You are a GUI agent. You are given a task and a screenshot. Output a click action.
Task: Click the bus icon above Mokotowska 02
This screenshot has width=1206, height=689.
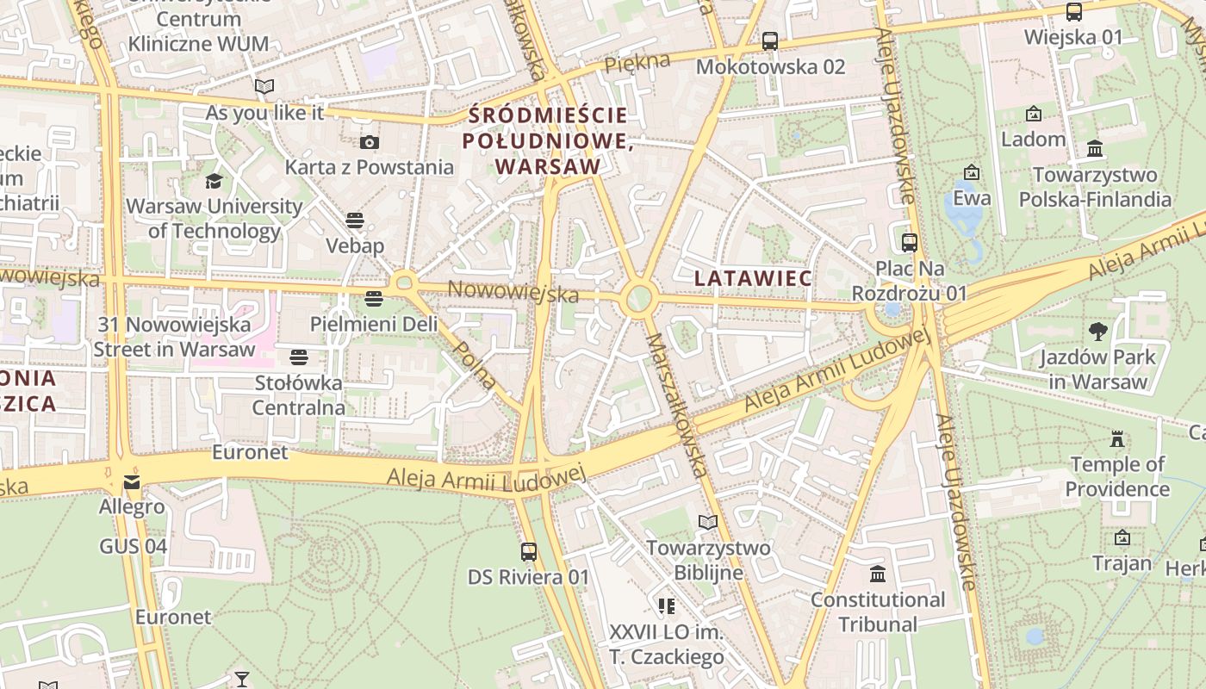coord(770,40)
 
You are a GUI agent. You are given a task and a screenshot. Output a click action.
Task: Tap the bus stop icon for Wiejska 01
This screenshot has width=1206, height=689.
coord(1073,12)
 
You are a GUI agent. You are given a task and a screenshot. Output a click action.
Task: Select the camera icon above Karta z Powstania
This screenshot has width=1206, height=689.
coord(369,142)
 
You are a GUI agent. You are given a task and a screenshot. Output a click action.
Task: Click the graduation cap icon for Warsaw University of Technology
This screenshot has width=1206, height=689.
coord(213,181)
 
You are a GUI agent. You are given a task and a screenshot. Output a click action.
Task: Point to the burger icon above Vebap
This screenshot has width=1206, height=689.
coord(355,220)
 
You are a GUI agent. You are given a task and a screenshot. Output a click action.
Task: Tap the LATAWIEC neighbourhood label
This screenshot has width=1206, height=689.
coord(753,278)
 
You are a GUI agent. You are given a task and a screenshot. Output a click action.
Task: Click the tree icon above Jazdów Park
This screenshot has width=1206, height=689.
coord(1097,332)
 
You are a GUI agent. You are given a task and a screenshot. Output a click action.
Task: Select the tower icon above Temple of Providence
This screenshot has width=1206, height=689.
coord(1117,439)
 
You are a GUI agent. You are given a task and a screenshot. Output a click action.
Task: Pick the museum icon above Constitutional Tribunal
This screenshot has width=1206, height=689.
coord(878,574)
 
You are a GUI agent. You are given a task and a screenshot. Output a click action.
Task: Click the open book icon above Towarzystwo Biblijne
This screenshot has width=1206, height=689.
coord(708,522)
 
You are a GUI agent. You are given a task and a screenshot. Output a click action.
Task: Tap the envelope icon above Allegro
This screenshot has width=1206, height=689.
coord(131,481)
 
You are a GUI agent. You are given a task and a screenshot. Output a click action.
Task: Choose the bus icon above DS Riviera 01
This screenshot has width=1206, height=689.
coord(529,551)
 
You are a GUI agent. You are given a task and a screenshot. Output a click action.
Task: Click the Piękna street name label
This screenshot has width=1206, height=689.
coord(637,63)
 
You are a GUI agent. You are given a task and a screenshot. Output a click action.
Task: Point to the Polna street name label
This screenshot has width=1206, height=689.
coord(475,365)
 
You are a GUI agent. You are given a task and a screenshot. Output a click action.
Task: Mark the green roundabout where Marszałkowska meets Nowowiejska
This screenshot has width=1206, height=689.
coord(637,299)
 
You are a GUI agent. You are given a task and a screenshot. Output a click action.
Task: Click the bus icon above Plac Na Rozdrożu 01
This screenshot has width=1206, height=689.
coord(909,243)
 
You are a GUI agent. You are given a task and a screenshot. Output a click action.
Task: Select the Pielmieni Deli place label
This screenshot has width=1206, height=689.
coord(374,325)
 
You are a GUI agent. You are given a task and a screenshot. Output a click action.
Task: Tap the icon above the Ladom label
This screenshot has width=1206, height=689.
coord(1033,114)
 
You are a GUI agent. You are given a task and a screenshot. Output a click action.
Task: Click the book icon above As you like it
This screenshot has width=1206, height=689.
coord(264,86)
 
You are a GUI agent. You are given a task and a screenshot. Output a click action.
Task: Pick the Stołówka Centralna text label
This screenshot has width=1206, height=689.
coord(299,394)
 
